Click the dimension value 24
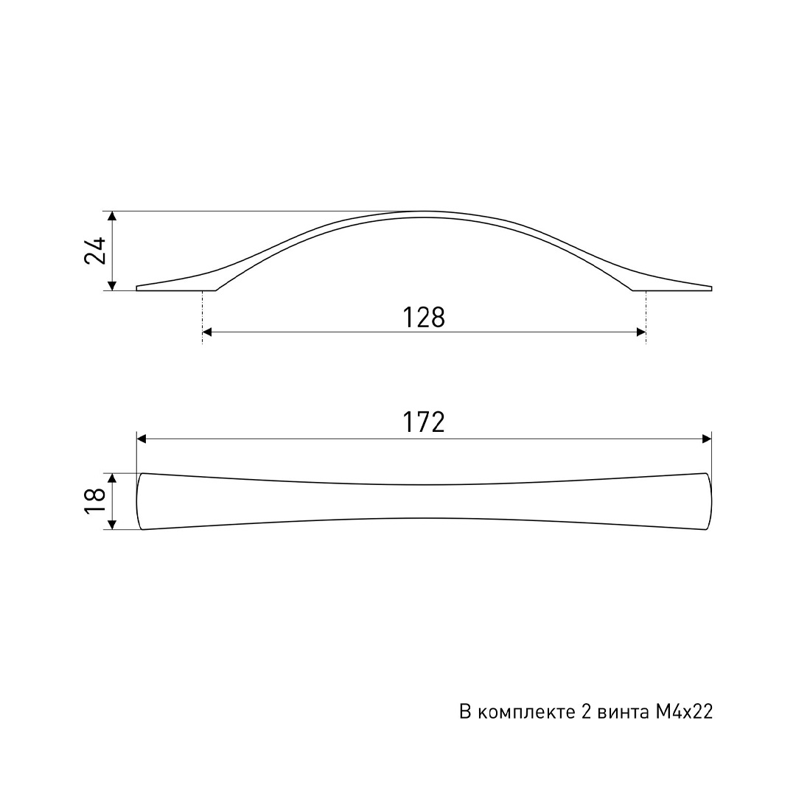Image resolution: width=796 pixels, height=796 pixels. pos(95,250)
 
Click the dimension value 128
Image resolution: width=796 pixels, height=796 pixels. pos(423,318)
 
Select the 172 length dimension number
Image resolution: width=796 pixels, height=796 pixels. pos(423,422)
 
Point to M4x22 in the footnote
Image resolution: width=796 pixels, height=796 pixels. pos(684,712)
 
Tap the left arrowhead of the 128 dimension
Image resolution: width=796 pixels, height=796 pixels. pos(206,332)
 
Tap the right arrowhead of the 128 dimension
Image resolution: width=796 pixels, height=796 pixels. pos(641,332)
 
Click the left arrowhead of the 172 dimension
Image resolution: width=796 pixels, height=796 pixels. pos(142,439)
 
